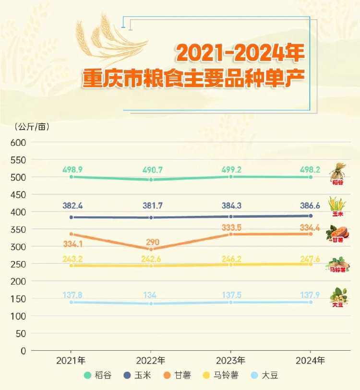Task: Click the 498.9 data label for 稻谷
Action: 72,170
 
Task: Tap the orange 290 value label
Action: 150,242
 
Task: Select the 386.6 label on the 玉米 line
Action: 311,206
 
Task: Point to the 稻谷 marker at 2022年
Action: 151,179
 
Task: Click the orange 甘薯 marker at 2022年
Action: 151,249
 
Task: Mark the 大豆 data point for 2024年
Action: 311,302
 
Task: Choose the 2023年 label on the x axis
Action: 231,360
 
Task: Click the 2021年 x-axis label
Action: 71,360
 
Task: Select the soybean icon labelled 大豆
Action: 338,296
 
